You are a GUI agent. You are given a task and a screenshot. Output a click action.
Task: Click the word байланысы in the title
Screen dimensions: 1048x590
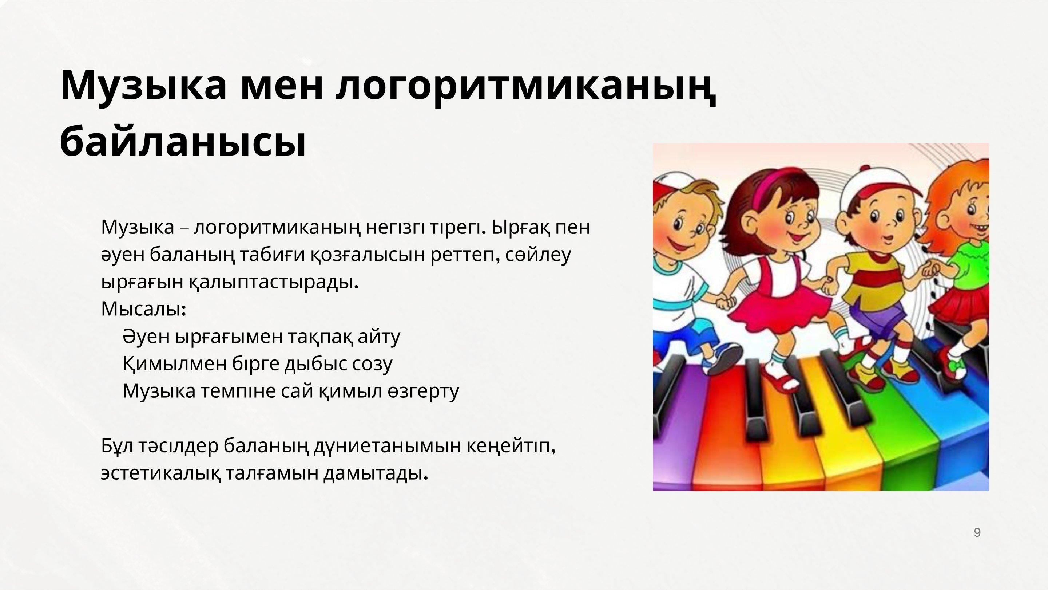coord(183,142)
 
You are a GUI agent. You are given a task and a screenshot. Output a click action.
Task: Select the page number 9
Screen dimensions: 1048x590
coord(977,532)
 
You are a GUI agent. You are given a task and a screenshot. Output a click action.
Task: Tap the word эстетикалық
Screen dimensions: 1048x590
coord(161,473)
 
